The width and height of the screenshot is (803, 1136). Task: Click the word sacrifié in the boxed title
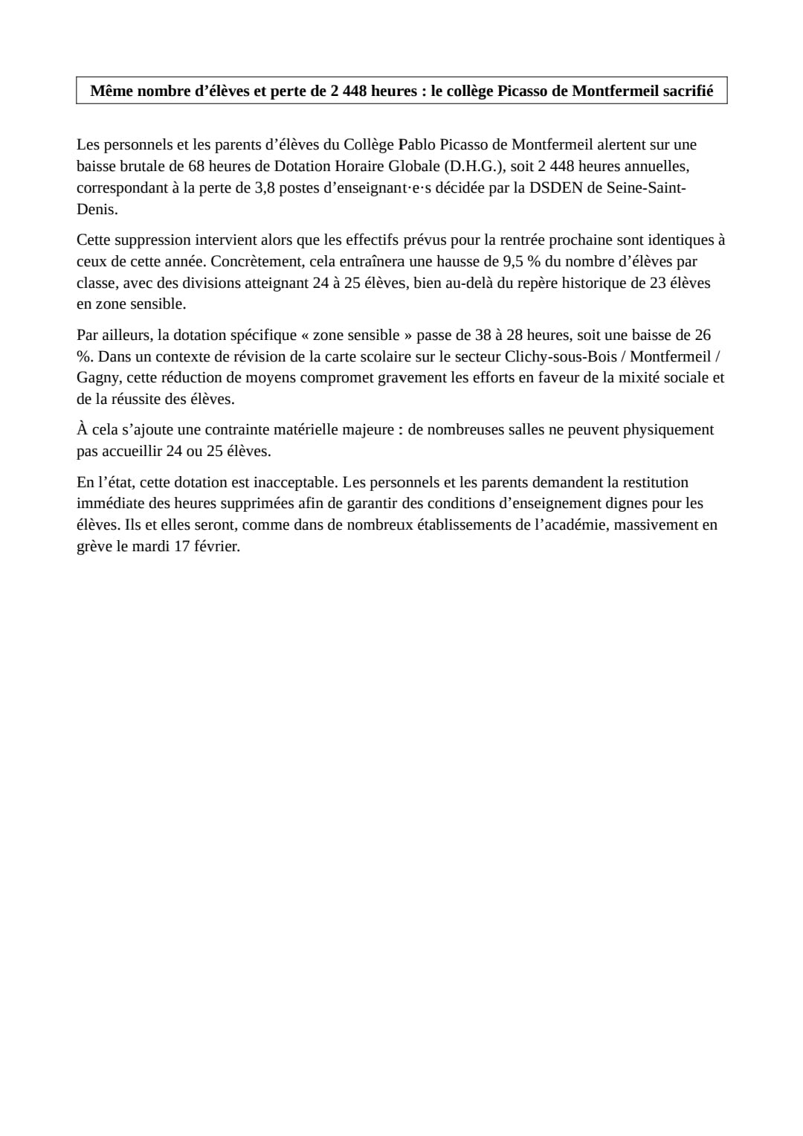coord(684,91)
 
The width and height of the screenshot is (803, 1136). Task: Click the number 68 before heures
coord(196,166)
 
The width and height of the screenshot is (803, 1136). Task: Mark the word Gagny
coord(97,377)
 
